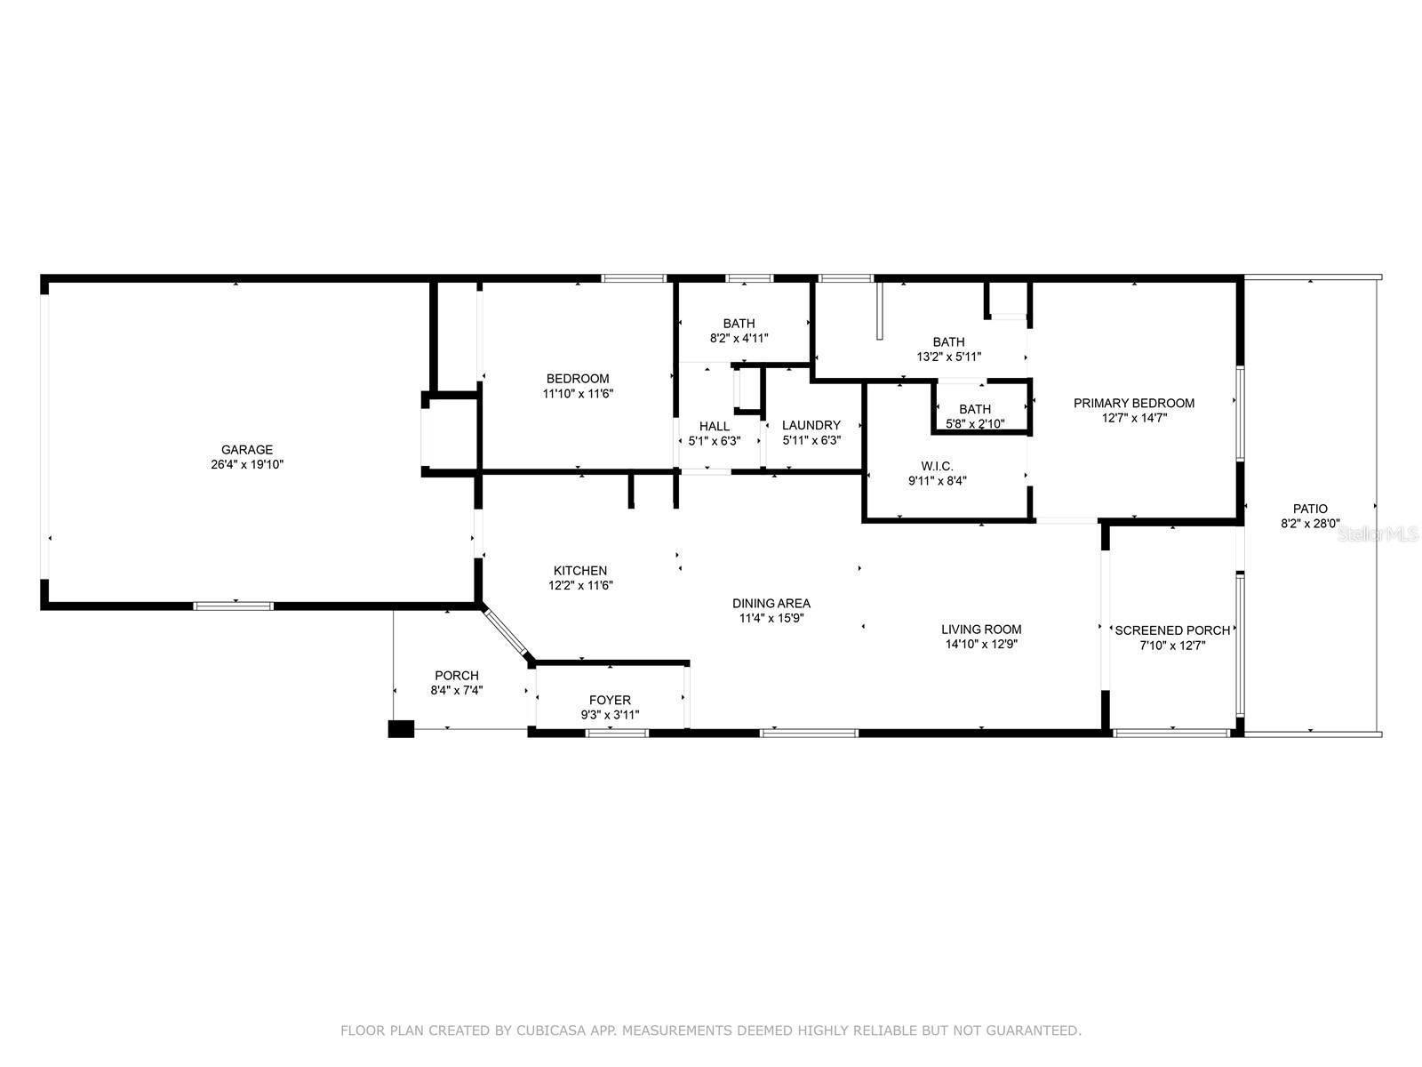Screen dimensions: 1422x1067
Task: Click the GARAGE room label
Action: coord(247,450)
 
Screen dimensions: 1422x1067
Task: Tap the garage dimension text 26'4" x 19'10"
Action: coord(247,464)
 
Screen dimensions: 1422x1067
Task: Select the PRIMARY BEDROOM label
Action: coord(1134,403)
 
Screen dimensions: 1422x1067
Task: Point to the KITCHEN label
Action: coord(579,571)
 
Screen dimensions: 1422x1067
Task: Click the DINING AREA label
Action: coord(771,603)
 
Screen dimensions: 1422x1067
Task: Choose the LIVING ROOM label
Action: coord(981,629)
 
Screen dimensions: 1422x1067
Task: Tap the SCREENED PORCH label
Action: coord(1172,630)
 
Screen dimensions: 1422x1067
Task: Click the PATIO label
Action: coord(1310,509)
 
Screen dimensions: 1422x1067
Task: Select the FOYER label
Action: coord(610,701)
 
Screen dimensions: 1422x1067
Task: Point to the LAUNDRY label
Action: coord(811,426)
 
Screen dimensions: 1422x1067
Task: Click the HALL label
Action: coord(714,426)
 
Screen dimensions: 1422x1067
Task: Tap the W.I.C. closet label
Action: coord(937,467)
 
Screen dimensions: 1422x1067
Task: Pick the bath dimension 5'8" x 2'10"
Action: coord(975,424)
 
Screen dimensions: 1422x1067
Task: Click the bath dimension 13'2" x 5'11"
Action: coord(948,357)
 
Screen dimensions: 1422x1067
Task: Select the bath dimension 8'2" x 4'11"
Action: coord(739,338)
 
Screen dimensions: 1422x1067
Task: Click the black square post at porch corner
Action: coord(400,729)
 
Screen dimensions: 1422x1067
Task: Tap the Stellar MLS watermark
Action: coord(1378,534)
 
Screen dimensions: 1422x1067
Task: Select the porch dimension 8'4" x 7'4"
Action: coord(457,691)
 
